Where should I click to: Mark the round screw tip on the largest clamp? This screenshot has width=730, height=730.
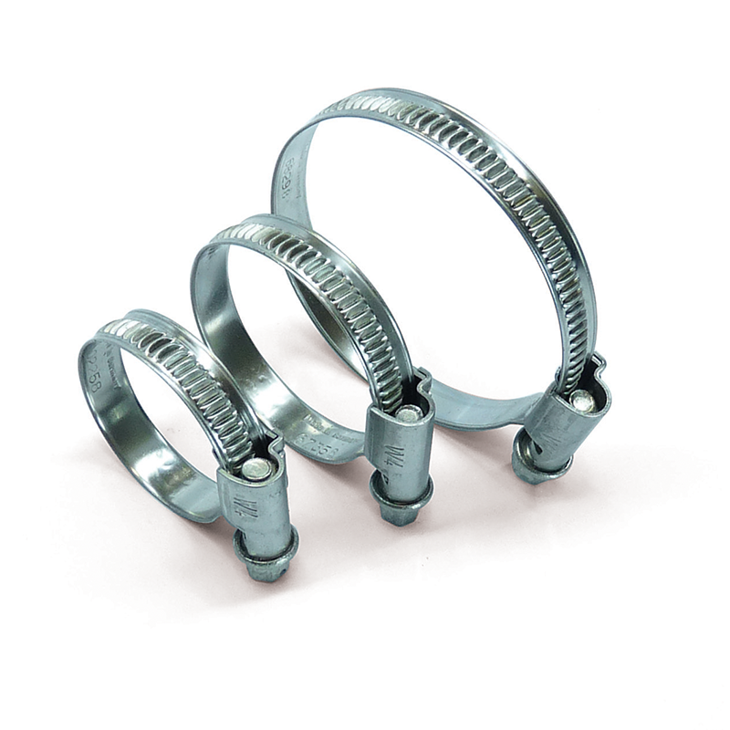(x=580, y=399)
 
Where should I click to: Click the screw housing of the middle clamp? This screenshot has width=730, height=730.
(x=399, y=447)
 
